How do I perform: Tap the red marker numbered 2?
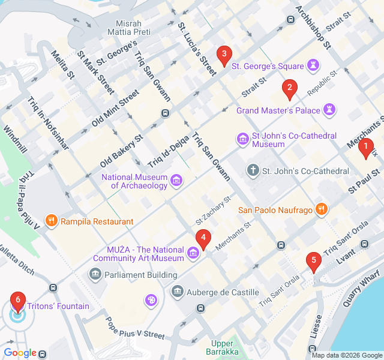point(290,89)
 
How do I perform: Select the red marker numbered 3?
point(224,56)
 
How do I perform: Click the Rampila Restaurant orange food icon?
point(52,221)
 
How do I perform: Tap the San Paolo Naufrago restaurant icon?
point(322,209)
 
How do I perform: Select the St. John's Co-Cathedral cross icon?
point(253,171)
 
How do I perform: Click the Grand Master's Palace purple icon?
point(329,110)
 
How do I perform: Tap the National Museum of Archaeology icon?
point(176,180)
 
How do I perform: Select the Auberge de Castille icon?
point(178,292)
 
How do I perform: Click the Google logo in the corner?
point(20,353)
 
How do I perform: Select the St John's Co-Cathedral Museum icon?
point(243,140)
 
